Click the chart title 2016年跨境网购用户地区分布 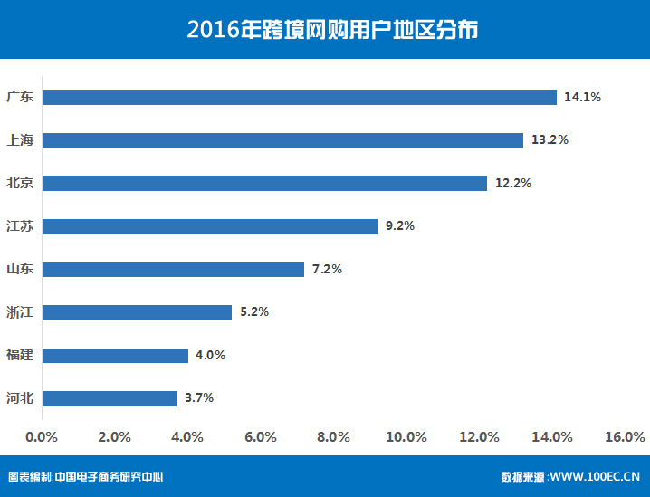tap(325, 30)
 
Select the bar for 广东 tap(299, 97)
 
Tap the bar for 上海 tap(282, 140)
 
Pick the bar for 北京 tap(264, 183)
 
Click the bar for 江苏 tap(209, 226)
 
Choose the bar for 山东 tap(173, 269)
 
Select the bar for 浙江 tap(137, 312)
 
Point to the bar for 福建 tap(115, 355)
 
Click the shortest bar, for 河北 tap(110, 398)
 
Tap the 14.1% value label tap(582, 97)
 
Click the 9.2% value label tap(399, 226)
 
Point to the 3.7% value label tap(199, 398)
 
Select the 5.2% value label tap(254, 312)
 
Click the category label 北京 tap(20, 183)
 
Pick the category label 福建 tap(20, 355)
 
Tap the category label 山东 tap(20, 269)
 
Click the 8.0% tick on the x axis tap(333, 437)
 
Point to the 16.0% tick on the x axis tap(625, 437)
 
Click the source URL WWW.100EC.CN tap(595, 476)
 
